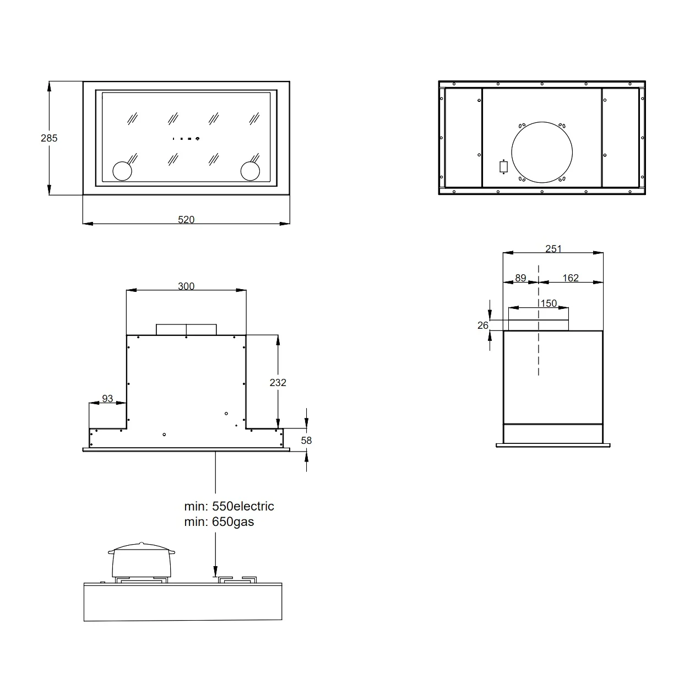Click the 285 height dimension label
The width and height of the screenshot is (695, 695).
[x=49, y=138]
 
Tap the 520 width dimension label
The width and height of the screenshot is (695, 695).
[x=186, y=220]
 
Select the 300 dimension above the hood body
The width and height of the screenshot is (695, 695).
[x=186, y=286]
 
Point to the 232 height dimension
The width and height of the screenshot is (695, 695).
[x=278, y=382]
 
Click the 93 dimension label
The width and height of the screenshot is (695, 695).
[x=107, y=399]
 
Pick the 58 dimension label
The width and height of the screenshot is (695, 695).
[x=306, y=441]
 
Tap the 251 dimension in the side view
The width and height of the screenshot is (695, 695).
[x=553, y=249]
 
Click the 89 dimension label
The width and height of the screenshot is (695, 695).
[x=520, y=278]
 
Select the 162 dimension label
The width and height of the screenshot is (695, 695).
[x=571, y=278]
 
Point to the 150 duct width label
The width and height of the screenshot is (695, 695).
[x=549, y=303]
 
